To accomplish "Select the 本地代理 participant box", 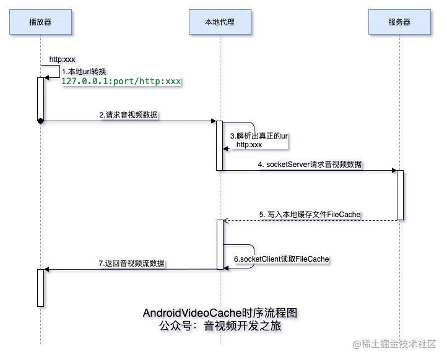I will tap(220, 22).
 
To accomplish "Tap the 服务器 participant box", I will tap(399, 22).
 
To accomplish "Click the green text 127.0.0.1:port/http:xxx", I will tap(121, 82).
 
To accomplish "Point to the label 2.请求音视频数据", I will tap(128, 114).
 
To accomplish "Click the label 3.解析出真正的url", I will tap(259, 135).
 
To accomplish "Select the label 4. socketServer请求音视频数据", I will tap(310, 164).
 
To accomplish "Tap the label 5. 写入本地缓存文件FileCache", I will tap(309, 214).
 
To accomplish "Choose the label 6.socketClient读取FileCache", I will tap(281, 258).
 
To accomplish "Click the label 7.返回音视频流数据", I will tap(132, 263).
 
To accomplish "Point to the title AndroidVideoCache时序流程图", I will tap(222, 314).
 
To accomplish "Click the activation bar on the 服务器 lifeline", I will tap(401, 195).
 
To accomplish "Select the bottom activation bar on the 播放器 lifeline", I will tap(41, 288).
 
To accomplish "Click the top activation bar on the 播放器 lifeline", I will tap(41, 98).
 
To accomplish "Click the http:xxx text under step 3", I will tap(250, 145).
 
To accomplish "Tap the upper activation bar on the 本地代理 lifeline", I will tap(219, 145).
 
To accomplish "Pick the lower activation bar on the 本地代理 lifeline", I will tap(219, 244).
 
